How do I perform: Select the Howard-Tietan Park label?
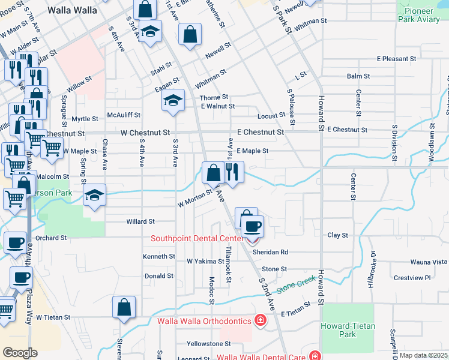[348, 330]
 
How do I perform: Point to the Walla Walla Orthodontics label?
[204, 321]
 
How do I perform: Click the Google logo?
[20, 352]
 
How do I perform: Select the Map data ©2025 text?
[424, 355]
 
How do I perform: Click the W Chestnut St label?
[145, 132]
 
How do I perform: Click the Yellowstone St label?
[208, 344]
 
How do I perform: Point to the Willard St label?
[140, 221]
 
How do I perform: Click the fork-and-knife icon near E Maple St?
[233, 172]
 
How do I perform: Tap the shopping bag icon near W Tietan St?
[124, 307]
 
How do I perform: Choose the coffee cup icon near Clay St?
[252, 226]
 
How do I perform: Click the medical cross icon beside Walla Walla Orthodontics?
[260, 320]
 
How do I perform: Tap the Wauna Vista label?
[429, 262]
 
